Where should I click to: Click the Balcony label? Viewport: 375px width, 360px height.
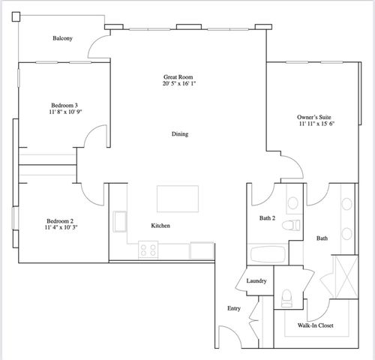click(x=62, y=39)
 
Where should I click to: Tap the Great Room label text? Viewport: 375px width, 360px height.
click(x=180, y=77)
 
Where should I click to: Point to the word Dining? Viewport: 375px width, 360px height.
click(x=179, y=134)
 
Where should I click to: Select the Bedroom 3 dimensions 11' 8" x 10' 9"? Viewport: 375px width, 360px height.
click(x=66, y=112)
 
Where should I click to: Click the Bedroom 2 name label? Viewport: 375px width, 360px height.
click(x=60, y=220)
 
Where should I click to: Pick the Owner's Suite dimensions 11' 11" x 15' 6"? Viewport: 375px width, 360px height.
click(x=322, y=124)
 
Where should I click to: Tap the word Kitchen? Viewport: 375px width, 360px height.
click(x=161, y=225)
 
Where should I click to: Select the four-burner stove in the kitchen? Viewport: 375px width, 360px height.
click(x=147, y=250)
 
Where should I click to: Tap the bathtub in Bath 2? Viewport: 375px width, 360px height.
click(x=266, y=253)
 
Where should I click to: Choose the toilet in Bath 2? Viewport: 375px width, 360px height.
click(x=296, y=223)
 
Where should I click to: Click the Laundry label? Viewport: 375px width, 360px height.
click(x=257, y=280)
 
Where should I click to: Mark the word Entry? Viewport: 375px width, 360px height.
click(x=234, y=308)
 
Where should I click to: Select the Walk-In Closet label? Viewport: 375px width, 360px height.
click(x=316, y=325)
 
